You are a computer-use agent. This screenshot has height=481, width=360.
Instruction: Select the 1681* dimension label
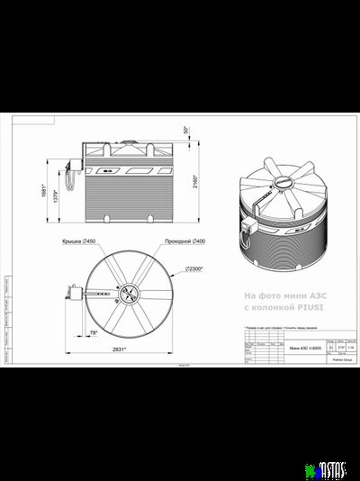[43, 189]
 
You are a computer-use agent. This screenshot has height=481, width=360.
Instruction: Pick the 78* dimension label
[93, 332]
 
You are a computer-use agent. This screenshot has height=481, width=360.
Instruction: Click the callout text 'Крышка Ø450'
[78, 242]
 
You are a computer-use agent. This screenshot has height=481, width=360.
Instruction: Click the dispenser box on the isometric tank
[248, 223]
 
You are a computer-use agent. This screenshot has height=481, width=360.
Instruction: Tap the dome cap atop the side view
[129, 141]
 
